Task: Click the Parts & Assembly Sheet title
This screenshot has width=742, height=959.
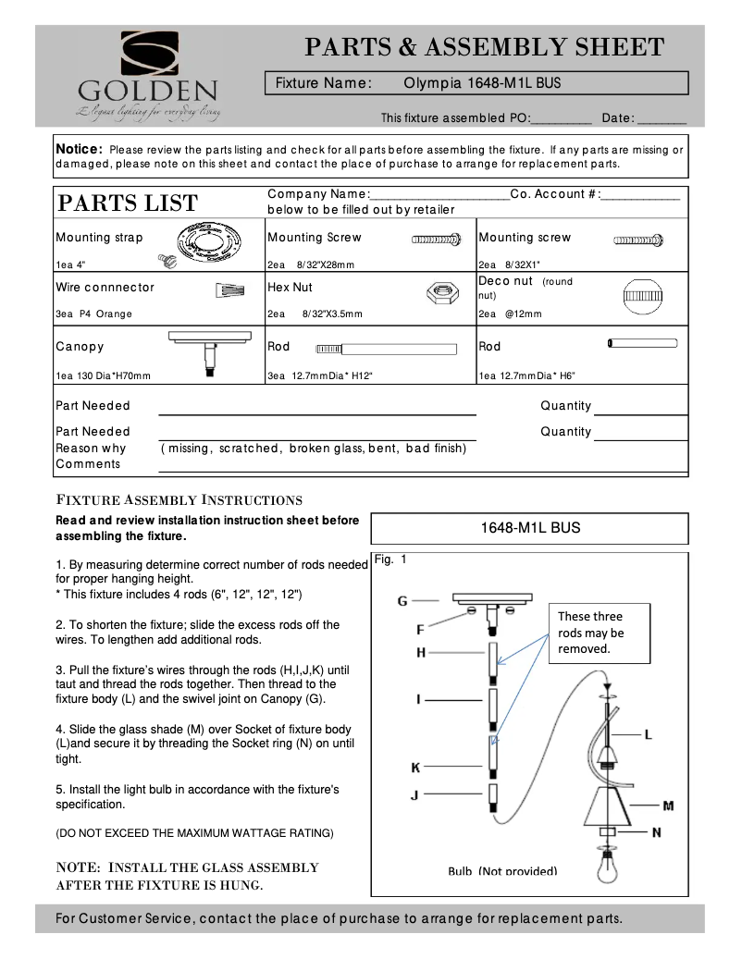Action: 484,47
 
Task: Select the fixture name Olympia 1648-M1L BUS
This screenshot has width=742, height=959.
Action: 482,83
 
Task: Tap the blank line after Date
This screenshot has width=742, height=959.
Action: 662,119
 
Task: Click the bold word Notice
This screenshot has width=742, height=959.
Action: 79,150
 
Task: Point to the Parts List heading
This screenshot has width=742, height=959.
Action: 127,203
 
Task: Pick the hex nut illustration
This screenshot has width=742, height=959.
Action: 439,293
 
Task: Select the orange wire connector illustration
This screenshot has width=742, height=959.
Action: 229,291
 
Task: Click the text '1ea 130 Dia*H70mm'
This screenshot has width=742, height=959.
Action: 104,375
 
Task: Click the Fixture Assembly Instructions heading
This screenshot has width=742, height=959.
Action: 179,500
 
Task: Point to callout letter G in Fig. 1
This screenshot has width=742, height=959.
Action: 402,601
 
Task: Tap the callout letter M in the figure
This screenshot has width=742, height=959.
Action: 667,805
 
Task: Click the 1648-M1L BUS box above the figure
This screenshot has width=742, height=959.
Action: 529,529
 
